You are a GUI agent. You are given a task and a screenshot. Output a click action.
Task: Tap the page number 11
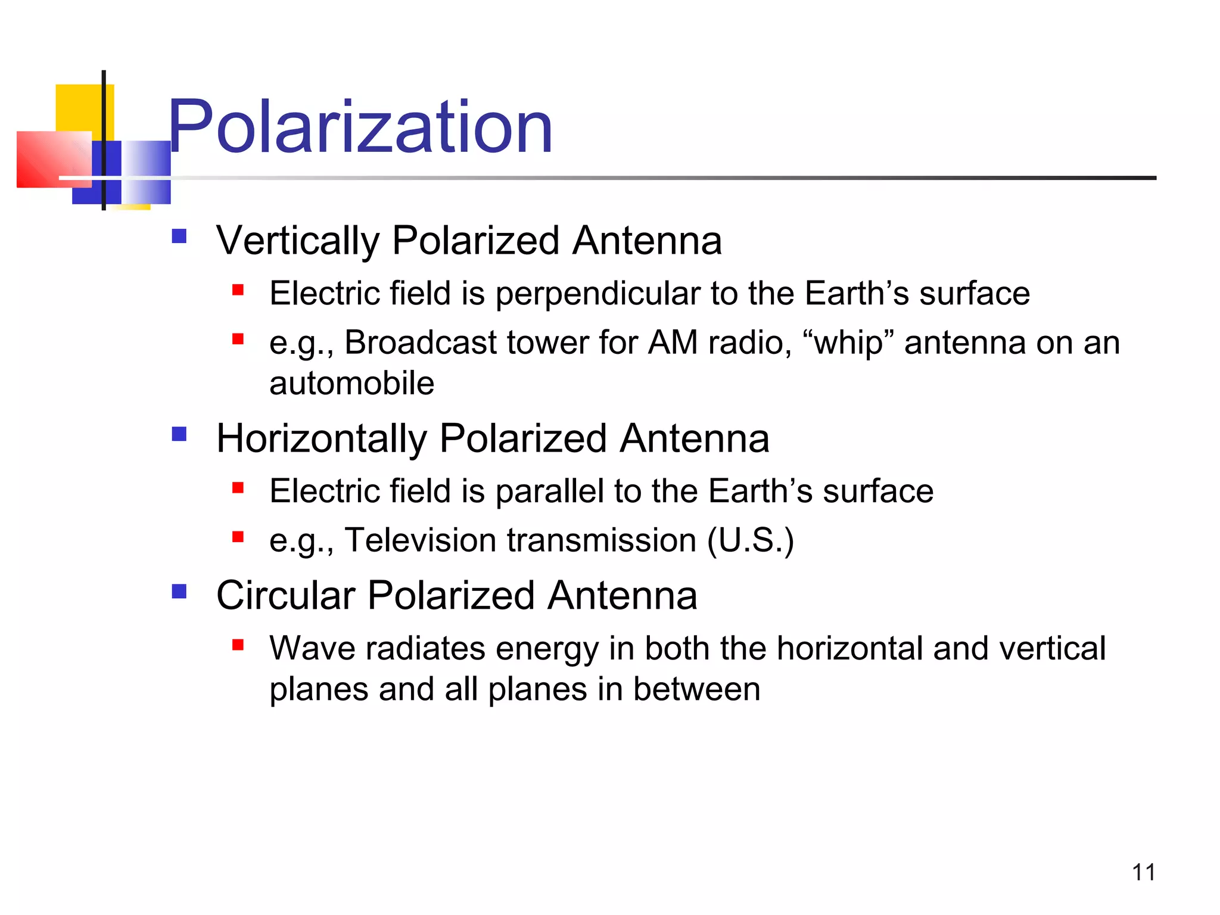coord(1143,872)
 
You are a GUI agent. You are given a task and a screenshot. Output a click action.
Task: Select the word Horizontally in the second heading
coord(322,439)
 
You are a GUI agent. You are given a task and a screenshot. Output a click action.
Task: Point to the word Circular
coord(285,595)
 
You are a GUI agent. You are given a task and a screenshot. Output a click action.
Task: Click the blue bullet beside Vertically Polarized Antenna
coord(179,236)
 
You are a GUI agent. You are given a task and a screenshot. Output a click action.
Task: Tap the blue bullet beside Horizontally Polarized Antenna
coord(179,434)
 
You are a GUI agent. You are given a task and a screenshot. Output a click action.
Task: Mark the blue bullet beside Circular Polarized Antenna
coord(179,591)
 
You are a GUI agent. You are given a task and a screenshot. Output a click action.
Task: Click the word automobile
coord(351,383)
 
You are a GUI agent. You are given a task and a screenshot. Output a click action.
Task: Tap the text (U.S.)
coord(751,540)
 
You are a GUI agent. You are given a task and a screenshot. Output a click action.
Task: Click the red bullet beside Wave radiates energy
coord(238,645)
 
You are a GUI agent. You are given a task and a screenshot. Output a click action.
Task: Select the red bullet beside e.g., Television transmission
coord(238,537)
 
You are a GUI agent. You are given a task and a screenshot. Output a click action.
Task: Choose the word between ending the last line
coord(696,689)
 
